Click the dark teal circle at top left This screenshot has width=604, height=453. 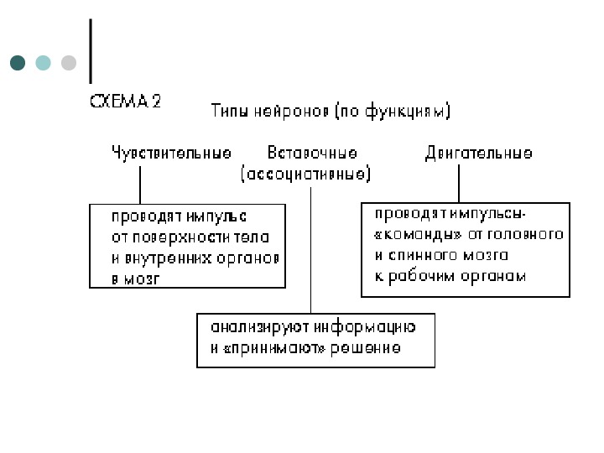click(x=18, y=63)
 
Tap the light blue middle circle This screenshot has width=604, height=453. click(x=44, y=63)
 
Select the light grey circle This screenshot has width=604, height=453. click(x=69, y=63)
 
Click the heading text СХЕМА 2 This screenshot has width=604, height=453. click(x=125, y=102)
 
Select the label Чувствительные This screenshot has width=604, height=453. click(x=172, y=154)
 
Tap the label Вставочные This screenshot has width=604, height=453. click(x=312, y=154)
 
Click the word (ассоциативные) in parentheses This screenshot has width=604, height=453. click(x=306, y=174)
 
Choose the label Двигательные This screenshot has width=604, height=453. click(x=478, y=154)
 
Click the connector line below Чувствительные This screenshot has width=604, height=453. click(x=139, y=183)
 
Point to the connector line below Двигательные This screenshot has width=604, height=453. click(x=459, y=183)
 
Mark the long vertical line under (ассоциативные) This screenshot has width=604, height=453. click(x=311, y=252)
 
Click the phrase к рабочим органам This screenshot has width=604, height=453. click(x=450, y=276)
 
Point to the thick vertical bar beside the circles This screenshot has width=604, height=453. click(x=90, y=50)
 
